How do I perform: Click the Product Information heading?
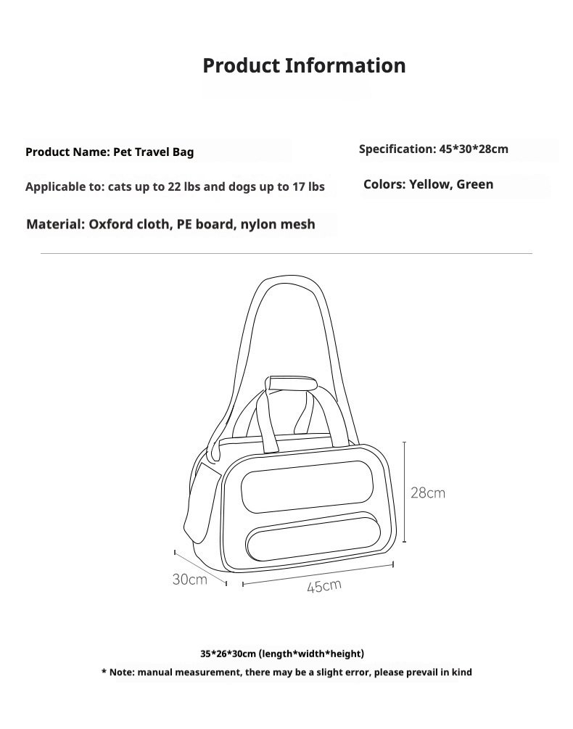coord(304,65)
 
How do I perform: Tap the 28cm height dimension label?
coord(427,493)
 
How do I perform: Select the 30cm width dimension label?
coord(189,580)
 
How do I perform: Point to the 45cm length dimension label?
coord(323,586)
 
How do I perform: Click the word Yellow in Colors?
coord(429,184)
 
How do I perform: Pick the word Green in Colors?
coord(475,184)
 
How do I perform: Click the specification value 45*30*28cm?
coord(474,149)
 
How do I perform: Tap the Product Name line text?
coord(110,152)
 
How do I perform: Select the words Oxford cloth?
coord(129,224)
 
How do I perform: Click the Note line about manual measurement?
coord(286,672)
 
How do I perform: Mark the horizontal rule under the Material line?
coord(286,253)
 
